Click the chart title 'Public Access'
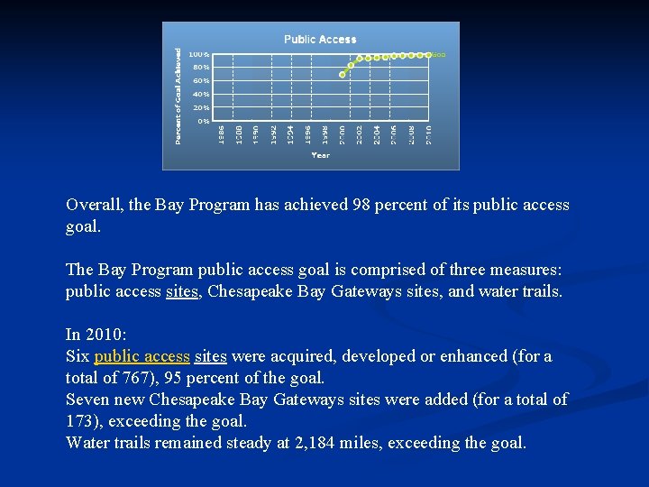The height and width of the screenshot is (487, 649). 320,40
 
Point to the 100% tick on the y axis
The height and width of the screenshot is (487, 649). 199,54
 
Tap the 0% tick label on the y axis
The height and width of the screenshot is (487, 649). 204,121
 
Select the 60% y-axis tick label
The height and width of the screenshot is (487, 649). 201,80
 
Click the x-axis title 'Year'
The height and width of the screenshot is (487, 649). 320,155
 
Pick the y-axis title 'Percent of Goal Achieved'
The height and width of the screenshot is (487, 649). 178,96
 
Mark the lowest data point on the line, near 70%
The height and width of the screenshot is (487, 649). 342,75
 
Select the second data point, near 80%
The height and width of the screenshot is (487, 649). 351,65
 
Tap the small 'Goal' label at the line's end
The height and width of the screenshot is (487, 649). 439,55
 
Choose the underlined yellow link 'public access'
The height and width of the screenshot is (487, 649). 142,356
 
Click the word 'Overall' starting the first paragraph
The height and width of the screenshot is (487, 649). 93,205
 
